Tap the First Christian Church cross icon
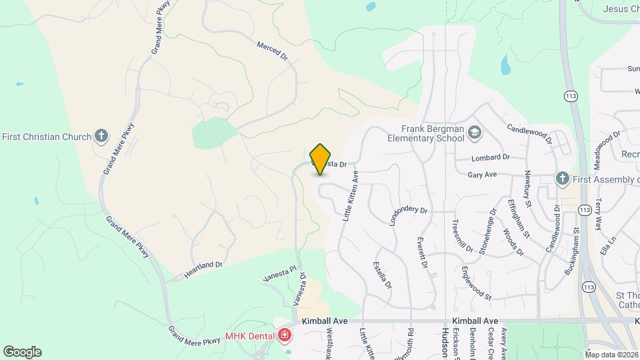(x=101, y=137)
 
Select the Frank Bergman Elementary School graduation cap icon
(x=474, y=132)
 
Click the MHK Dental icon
(x=285, y=335)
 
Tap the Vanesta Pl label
(x=279, y=274)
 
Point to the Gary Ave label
(x=483, y=175)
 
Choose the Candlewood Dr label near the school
(x=530, y=133)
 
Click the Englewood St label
(x=476, y=283)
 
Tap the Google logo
(x=22, y=351)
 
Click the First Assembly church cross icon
(x=562, y=178)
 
